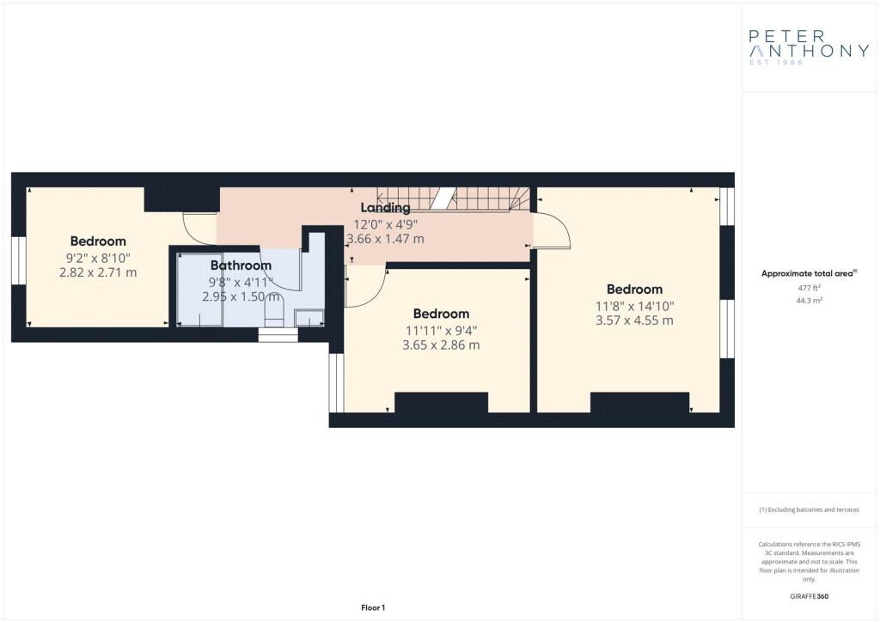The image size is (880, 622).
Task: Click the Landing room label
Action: (x=385, y=208)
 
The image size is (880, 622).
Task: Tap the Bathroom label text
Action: (x=241, y=265)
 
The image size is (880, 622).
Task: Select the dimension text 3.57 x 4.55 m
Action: (x=634, y=320)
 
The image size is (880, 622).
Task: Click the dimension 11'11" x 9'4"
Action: (x=441, y=331)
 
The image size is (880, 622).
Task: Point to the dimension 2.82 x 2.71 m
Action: (x=98, y=272)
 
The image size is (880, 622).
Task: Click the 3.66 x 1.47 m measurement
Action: (x=386, y=239)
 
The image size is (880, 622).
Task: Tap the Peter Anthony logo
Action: (x=809, y=46)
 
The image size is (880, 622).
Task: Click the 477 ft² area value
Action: (x=810, y=288)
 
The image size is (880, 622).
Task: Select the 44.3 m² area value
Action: (x=810, y=300)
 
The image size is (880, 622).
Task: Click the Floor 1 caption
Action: (x=373, y=607)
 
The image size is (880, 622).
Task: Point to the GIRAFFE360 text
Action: (x=809, y=596)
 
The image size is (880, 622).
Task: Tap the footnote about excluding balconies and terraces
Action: (x=809, y=509)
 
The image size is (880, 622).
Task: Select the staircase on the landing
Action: (x=454, y=199)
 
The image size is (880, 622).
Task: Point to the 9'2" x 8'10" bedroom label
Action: (x=98, y=258)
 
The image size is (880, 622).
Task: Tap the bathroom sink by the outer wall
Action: (x=309, y=318)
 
